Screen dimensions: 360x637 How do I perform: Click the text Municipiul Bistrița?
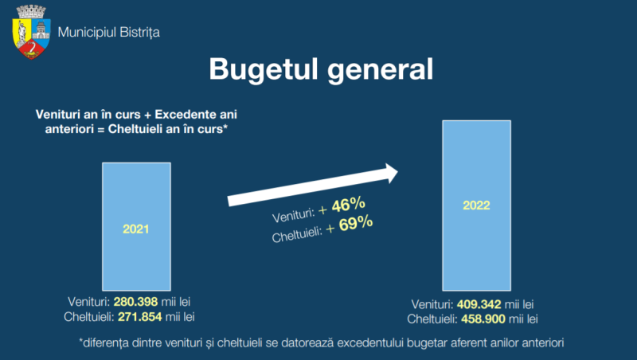click(110, 33)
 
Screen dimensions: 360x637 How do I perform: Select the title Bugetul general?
click(321, 68)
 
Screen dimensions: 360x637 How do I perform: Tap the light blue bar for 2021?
click(136, 227)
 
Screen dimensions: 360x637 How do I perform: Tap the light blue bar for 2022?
click(476, 205)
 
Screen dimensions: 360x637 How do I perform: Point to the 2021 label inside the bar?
click(136, 229)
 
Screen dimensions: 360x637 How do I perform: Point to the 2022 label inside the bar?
click(476, 205)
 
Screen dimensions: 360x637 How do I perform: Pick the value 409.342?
click(480, 304)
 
